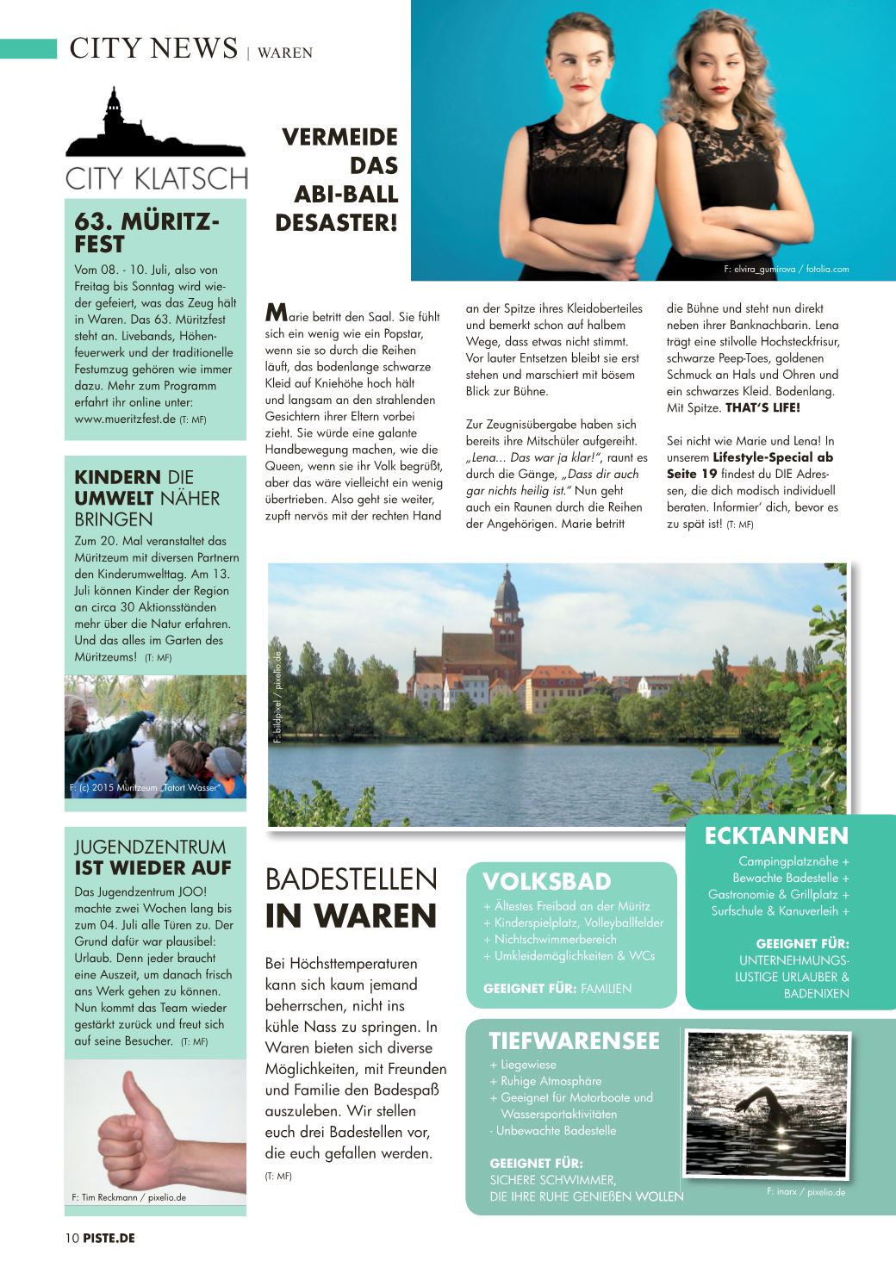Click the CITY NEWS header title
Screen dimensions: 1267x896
[153, 48]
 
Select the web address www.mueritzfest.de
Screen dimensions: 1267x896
[125, 419]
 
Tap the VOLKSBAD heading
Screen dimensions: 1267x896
[546, 881]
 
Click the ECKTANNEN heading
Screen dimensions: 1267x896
[776, 835]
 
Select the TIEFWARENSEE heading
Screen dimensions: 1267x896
[574, 1041]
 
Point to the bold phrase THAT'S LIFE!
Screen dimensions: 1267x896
[762, 407]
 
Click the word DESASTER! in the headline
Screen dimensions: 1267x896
[336, 222]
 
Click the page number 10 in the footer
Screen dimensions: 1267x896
[72, 1238]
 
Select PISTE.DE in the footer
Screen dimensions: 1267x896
[109, 1238]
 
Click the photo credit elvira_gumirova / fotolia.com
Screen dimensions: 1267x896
[786, 269]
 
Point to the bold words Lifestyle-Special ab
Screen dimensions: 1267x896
[773, 457]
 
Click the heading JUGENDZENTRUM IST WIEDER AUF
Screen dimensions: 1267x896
[152, 857]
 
